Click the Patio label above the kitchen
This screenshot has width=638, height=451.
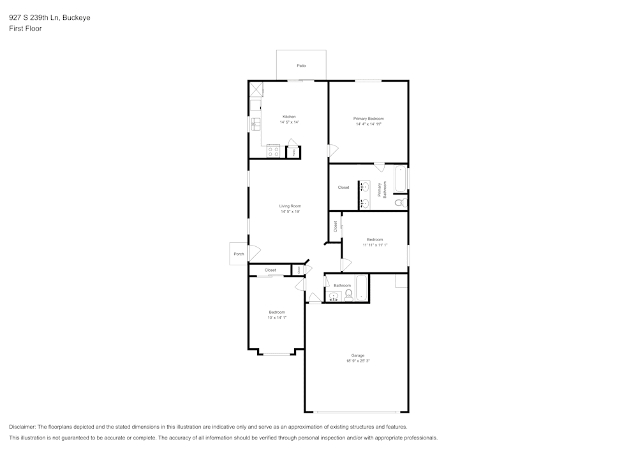(301, 66)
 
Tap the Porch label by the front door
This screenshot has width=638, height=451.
(239, 254)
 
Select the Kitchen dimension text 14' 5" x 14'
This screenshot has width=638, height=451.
(289, 122)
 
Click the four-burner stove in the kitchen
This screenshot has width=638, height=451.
(273, 152)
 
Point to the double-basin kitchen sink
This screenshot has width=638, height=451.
(255, 122)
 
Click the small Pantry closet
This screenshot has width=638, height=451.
(293, 152)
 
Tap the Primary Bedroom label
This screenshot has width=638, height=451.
(369, 119)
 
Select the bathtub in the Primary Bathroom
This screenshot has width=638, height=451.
(400, 179)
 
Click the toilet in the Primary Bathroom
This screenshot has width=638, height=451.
(400, 203)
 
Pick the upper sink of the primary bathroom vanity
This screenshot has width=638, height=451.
(364, 187)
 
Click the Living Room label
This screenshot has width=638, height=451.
(290, 206)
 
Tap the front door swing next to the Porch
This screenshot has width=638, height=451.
(253, 253)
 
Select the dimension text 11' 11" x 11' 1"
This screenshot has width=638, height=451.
(375, 245)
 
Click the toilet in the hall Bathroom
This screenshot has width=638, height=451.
(348, 295)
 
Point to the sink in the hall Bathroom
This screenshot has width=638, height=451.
(334, 295)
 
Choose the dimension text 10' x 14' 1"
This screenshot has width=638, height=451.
(277, 318)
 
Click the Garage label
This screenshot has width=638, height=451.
(357, 355)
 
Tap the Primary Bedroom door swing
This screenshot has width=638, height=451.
(333, 151)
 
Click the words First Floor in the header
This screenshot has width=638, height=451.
(26, 29)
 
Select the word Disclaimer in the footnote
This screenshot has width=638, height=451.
(22, 427)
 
